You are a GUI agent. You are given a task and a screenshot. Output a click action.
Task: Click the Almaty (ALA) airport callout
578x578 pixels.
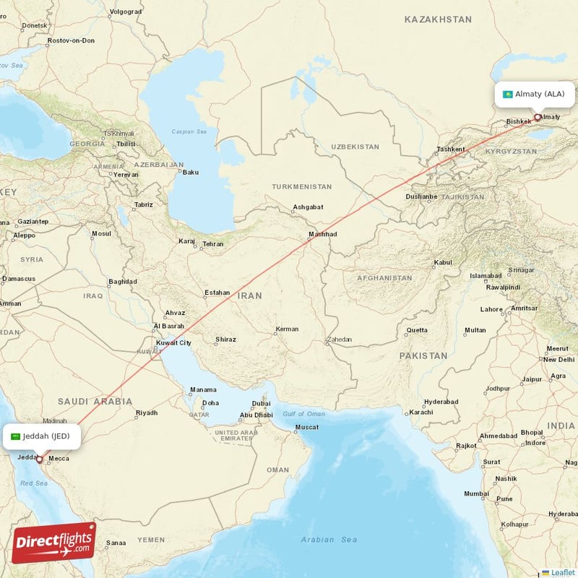point(534,94)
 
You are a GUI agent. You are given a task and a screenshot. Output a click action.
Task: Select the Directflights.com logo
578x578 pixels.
point(53,543)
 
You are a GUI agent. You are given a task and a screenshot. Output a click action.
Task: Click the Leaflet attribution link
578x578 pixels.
point(561,572)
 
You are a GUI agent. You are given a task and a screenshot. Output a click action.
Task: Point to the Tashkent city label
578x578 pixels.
point(450,150)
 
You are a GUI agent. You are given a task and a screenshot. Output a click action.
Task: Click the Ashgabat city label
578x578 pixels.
point(308,207)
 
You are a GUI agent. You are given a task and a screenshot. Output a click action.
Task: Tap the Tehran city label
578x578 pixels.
point(212,244)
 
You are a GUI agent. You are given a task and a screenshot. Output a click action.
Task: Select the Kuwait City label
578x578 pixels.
point(173,342)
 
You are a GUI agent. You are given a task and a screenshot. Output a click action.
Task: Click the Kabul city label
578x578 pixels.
point(441,262)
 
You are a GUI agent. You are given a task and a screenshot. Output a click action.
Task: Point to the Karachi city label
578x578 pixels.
point(420,413)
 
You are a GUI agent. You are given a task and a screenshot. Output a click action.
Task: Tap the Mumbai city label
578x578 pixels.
point(476,494)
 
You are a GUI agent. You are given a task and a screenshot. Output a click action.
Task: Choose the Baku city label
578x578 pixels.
point(191,172)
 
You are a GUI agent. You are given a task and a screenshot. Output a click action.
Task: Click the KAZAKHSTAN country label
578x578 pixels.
point(438,20)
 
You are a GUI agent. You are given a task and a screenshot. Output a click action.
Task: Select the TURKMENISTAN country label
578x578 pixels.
point(301,186)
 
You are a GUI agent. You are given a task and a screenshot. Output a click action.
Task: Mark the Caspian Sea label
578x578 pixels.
point(189,132)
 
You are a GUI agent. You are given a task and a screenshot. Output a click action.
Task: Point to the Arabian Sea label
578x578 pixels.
point(329,540)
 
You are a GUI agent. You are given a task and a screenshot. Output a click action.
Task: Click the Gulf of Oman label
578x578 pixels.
point(303,413)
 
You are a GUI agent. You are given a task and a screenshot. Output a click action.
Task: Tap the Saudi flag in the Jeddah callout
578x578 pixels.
point(16,436)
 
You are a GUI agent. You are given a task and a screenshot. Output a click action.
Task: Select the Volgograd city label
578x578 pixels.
point(125,12)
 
